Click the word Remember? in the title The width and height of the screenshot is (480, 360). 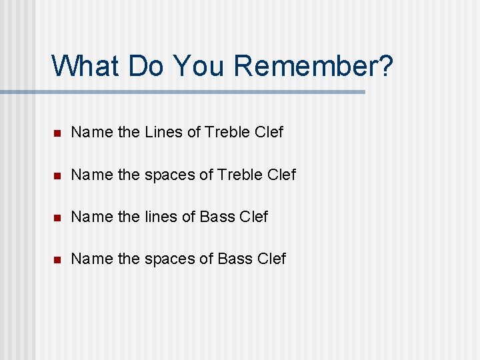click(x=314, y=66)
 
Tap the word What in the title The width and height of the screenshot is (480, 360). click(x=84, y=66)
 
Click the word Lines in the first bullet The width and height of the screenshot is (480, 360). click(x=163, y=132)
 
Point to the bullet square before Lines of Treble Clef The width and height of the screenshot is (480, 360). click(x=58, y=133)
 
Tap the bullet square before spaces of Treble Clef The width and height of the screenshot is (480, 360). click(x=58, y=175)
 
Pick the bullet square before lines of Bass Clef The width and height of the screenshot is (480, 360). click(x=58, y=217)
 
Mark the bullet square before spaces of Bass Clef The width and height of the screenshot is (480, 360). click(x=58, y=259)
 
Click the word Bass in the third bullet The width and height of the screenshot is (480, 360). click(x=217, y=217)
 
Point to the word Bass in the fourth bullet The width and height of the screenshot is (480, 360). click(x=235, y=259)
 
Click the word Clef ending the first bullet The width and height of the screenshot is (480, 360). click(x=269, y=132)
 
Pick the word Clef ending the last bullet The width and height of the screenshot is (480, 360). click(x=271, y=259)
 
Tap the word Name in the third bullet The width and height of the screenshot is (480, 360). click(x=91, y=217)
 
